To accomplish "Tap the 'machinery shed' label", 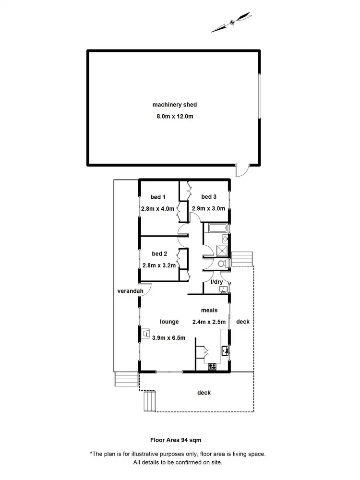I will (x=175, y=105).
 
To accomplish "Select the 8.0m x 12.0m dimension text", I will (x=175, y=116).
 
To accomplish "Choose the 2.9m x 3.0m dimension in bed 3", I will (x=206, y=209).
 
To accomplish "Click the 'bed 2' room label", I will (x=159, y=253).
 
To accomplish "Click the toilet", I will (x=222, y=264).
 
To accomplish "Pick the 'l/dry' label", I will (x=217, y=282).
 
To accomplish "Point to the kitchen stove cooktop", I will (x=211, y=367).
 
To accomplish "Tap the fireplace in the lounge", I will (x=145, y=333).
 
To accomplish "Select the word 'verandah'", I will (x=128, y=291).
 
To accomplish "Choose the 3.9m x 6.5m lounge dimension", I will (x=168, y=337).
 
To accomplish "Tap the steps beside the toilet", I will (x=241, y=259).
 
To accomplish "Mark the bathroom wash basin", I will (x=226, y=239).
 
